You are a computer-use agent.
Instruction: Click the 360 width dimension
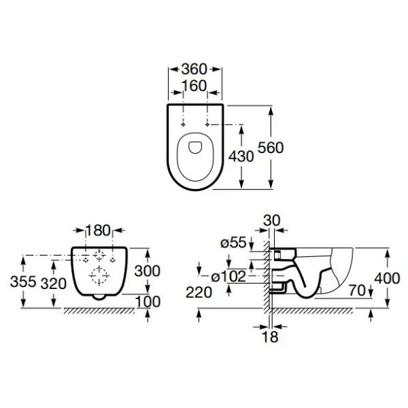tap(194, 69)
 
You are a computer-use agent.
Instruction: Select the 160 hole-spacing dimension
tap(194, 86)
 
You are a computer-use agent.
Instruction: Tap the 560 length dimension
tap(271, 148)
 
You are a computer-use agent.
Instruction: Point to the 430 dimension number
tap(241, 156)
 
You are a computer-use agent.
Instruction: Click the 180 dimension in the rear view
tap(98, 231)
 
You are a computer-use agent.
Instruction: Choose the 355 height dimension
tap(23, 282)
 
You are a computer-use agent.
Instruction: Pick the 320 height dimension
tap(54, 284)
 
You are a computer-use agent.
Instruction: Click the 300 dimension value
tap(148, 271)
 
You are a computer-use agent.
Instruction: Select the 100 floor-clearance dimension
tap(148, 302)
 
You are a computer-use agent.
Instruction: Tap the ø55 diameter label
tap(233, 243)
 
